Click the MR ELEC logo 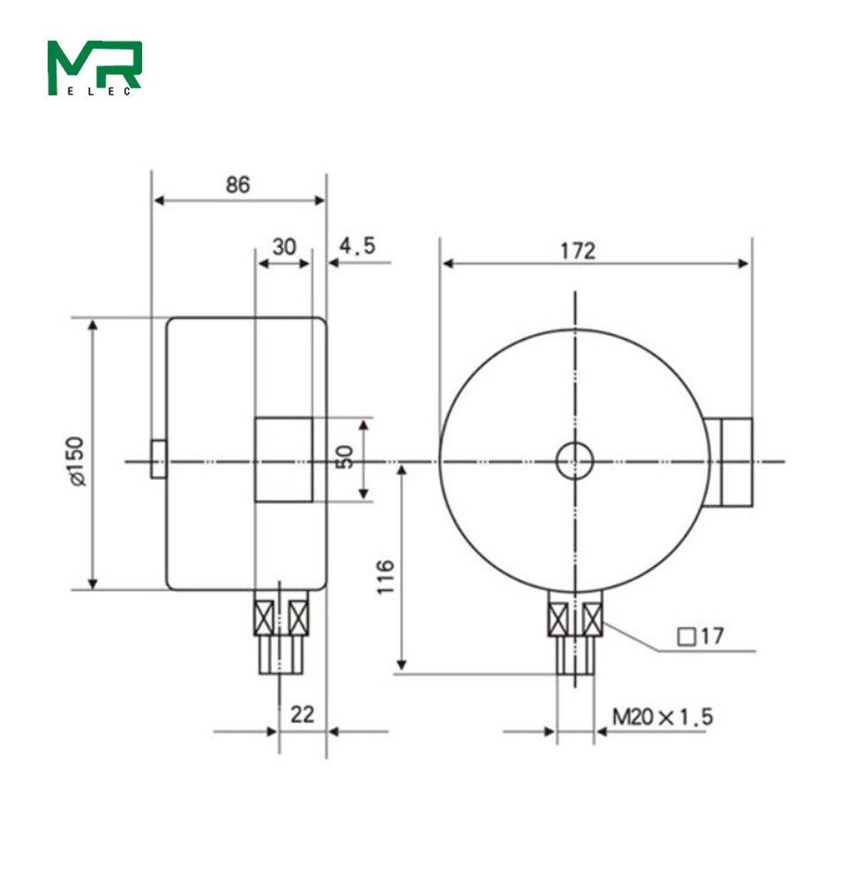point(94,67)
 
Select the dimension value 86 point(237,185)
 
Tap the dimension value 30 point(283,247)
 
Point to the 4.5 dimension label point(357,246)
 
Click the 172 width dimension point(578,251)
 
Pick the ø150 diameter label point(78,459)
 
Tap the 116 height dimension point(386,576)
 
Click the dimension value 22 point(303,714)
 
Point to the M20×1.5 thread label point(663,717)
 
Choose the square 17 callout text point(699,637)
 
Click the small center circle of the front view point(575,460)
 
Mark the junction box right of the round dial point(730,462)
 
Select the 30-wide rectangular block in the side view point(283,460)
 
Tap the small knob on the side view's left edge point(158,459)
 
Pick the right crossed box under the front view point(592,617)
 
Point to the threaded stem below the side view point(282,654)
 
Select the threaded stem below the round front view point(575,654)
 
